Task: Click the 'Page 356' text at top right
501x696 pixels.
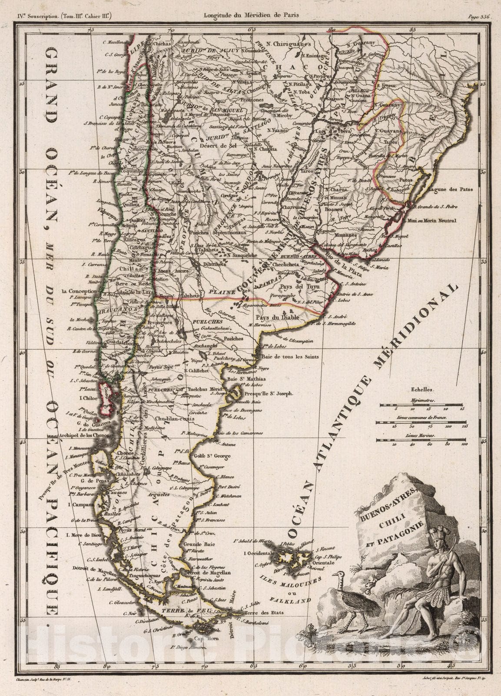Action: point(479,17)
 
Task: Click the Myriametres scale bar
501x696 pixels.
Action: point(421,405)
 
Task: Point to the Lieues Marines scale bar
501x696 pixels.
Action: point(421,440)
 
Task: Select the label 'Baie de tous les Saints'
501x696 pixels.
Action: point(290,357)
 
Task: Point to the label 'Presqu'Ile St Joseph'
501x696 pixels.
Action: point(269,393)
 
